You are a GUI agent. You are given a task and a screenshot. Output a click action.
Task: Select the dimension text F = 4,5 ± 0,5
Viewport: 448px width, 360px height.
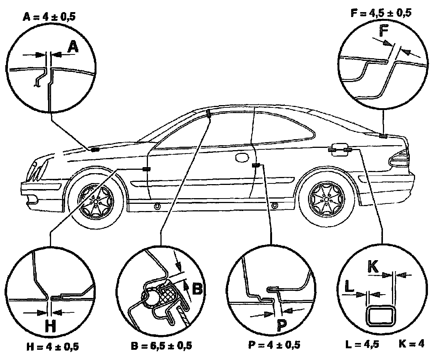pyautogui.click(x=381, y=13)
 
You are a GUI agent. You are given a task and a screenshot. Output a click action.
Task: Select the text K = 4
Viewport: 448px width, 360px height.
pyautogui.click(x=411, y=344)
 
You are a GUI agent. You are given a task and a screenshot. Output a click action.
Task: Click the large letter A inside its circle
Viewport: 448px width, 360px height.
pyautogui.click(x=73, y=48)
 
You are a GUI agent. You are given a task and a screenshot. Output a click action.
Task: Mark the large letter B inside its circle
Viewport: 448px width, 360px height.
pyautogui.click(x=197, y=289)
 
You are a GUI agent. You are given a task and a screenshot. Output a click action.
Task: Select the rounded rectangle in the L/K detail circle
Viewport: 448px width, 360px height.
pyautogui.click(x=382, y=316)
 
